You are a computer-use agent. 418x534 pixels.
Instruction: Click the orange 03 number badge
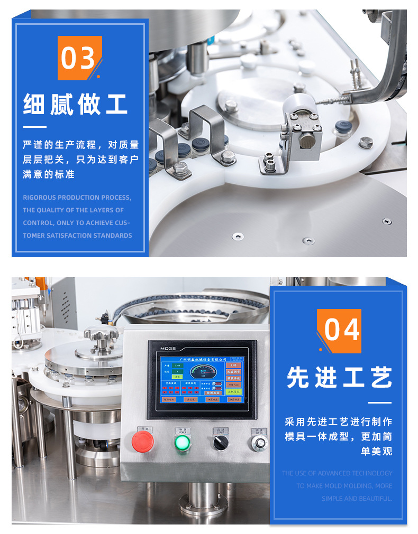[79, 58]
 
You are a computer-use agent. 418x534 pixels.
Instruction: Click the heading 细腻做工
[76, 104]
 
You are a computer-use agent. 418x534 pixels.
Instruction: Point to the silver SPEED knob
[258, 442]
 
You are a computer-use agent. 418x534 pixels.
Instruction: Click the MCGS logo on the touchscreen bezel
[169, 348]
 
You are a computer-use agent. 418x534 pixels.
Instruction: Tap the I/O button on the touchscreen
[233, 365]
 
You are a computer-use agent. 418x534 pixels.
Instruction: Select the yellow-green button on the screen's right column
[233, 391]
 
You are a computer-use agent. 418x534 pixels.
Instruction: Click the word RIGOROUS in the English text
[39, 198]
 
